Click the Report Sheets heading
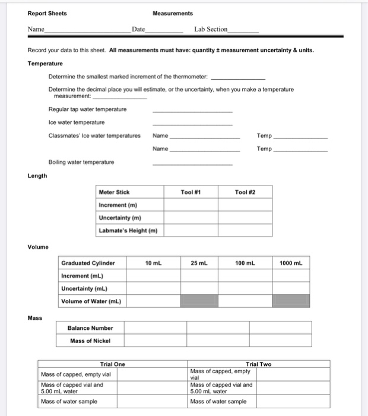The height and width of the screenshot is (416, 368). point(47,13)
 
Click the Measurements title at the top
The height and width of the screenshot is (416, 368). point(173,13)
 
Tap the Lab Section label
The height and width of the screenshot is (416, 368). point(211,29)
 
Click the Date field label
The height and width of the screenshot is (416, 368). point(138,29)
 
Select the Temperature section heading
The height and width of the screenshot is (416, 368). point(45,64)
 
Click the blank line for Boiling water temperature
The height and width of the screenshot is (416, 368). point(192,162)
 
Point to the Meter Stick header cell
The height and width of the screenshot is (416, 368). point(114,192)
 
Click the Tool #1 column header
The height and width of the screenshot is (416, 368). point(191,192)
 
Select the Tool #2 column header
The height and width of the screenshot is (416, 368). point(245,192)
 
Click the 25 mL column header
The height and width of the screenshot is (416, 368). point(199,262)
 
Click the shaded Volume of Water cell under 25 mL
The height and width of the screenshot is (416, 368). point(199,301)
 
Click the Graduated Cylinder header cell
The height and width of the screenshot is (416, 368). point(88,262)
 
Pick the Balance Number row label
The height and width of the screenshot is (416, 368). point(90,327)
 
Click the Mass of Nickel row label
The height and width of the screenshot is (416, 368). point(90,341)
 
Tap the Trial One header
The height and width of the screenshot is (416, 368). point(112,364)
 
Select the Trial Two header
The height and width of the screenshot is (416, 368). point(258,364)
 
